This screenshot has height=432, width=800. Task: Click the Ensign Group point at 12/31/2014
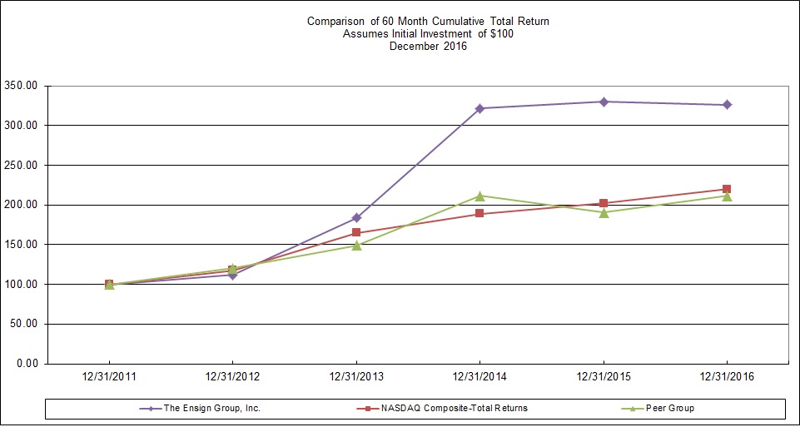coord(480,108)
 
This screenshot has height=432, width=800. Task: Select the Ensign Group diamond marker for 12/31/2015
coord(604,102)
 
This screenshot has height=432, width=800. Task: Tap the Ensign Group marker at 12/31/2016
coord(727,105)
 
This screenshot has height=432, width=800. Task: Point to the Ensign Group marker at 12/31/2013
coord(356,218)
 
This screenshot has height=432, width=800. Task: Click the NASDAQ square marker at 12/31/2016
coord(727,189)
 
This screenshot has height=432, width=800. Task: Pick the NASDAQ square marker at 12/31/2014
coord(480,214)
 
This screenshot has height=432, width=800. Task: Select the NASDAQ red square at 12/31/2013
coord(356,233)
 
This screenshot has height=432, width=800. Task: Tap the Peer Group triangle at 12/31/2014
coord(480,196)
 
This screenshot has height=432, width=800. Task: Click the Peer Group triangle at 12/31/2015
coord(604,212)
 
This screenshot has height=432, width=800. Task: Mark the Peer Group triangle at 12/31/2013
coord(356,246)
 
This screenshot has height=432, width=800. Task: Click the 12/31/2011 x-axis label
coord(109,377)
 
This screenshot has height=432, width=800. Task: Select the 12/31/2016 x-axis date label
coord(727,377)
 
